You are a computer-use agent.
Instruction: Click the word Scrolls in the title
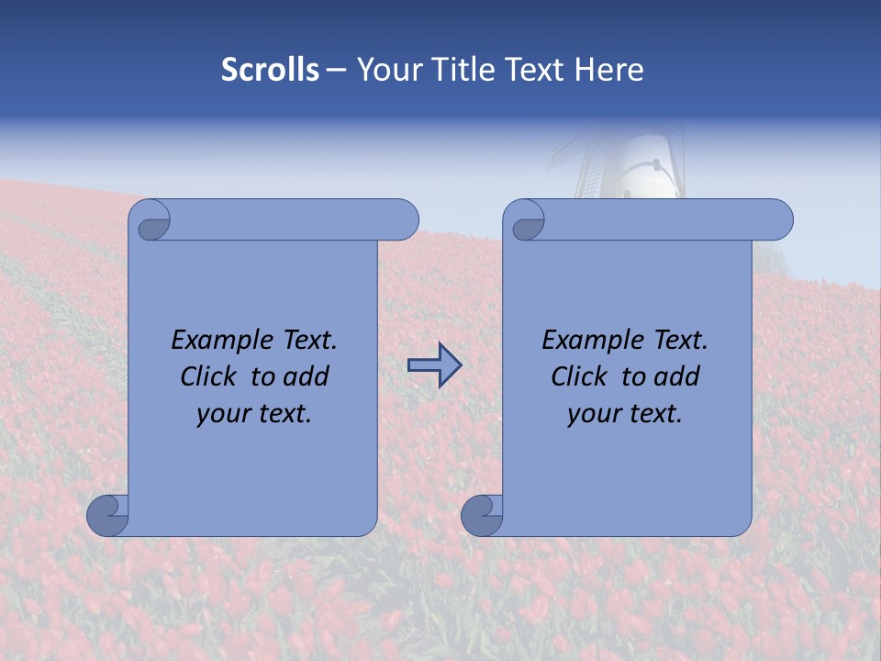click(x=271, y=70)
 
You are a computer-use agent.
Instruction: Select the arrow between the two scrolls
click(x=434, y=365)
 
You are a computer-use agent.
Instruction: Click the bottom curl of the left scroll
click(x=108, y=514)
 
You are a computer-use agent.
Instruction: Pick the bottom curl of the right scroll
click(x=483, y=514)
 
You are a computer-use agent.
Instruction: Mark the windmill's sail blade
click(x=587, y=165)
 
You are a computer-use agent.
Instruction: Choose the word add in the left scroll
click(x=307, y=376)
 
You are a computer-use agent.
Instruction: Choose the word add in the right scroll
click(x=677, y=376)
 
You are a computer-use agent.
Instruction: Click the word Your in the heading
click(x=385, y=70)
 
